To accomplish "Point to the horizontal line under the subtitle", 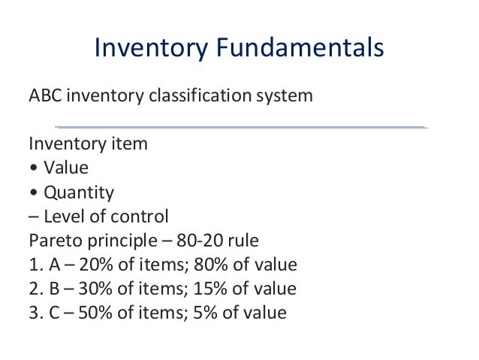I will point(240,126).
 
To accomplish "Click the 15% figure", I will point(195,289).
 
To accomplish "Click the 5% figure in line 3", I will point(191,313).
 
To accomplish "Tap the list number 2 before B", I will point(33,289).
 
